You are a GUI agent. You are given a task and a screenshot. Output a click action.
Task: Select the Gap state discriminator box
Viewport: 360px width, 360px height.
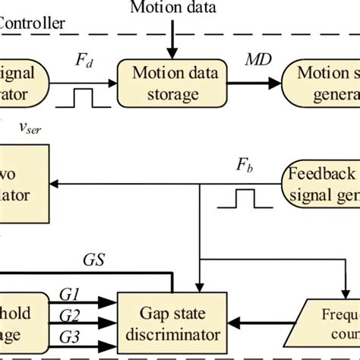(x=173, y=323)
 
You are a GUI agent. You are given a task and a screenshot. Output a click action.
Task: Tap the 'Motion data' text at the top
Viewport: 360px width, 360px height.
(x=172, y=8)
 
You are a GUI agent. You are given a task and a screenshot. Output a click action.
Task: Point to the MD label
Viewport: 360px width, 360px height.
(x=254, y=61)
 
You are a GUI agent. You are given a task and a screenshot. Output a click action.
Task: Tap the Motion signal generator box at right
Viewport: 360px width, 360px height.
(x=321, y=84)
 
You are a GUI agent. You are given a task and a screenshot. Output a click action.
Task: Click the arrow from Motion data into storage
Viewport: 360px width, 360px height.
(x=172, y=38)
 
